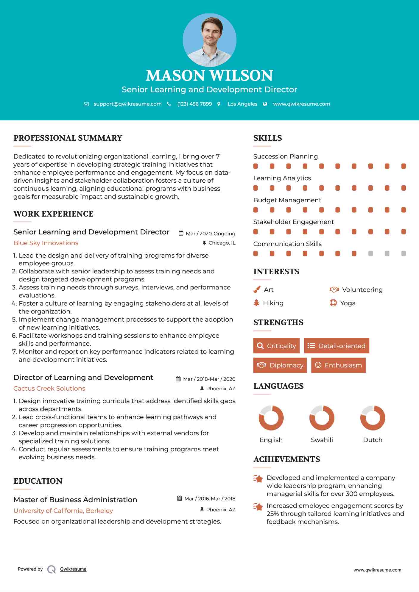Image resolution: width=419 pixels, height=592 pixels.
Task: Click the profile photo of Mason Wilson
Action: [x=209, y=40]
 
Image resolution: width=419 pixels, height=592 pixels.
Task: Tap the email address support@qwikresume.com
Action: [x=127, y=104]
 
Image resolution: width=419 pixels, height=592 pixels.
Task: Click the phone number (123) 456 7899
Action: [x=194, y=104]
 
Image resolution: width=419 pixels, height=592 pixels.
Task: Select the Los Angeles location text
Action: [x=242, y=104]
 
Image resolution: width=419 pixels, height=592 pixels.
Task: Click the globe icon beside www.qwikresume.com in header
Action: [x=265, y=104]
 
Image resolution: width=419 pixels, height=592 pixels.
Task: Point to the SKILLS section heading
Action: [x=267, y=138]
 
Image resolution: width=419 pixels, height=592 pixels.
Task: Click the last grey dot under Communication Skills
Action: [x=404, y=253]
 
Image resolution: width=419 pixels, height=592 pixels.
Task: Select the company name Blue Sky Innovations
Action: [x=46, y=243]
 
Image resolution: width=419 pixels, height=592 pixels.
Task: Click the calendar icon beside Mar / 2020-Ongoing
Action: [x=181, y=233]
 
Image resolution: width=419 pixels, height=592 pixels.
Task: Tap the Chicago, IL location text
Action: [x=222, y=243]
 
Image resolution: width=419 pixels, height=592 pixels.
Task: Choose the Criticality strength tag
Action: [x=276, y=346]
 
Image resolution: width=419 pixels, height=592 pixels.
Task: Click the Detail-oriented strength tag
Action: [x=337, y=346]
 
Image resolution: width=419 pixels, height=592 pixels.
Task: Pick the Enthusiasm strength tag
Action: [x=338, y=365]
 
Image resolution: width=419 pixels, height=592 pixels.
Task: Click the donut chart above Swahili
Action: [x=322, y=418]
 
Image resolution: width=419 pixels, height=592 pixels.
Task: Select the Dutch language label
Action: [x=373, y=440]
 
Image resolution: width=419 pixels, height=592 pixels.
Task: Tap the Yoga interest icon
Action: [x=333, y=303]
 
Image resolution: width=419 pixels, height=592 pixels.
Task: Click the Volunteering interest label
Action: [x=362, y=289]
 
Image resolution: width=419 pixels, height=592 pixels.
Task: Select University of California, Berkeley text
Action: [x=63, y=510]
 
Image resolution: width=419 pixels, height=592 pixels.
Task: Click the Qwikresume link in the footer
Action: [x=73, y=569]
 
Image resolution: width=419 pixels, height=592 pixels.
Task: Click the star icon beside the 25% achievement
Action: [x=258, y=507]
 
